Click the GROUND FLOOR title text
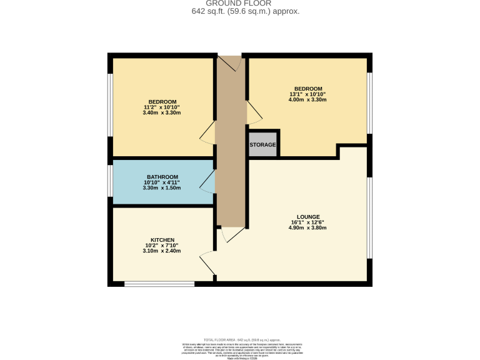coord(239,4)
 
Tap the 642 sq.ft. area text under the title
coord(239,11)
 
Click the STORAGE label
coord(262,144)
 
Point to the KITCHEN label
coord(162,239)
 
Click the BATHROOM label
coord(162,176)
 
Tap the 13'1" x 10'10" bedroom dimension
coord(309,94)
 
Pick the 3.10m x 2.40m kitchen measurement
coord(162,251)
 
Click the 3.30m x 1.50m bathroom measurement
coord(162,187)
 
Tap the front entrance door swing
coord(229,62)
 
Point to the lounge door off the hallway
coord(231,234)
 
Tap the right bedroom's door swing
coord(255,112)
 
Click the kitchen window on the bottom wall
coord(149,284)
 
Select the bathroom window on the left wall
coord(111,181)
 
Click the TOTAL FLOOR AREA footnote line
coord(240,339)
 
